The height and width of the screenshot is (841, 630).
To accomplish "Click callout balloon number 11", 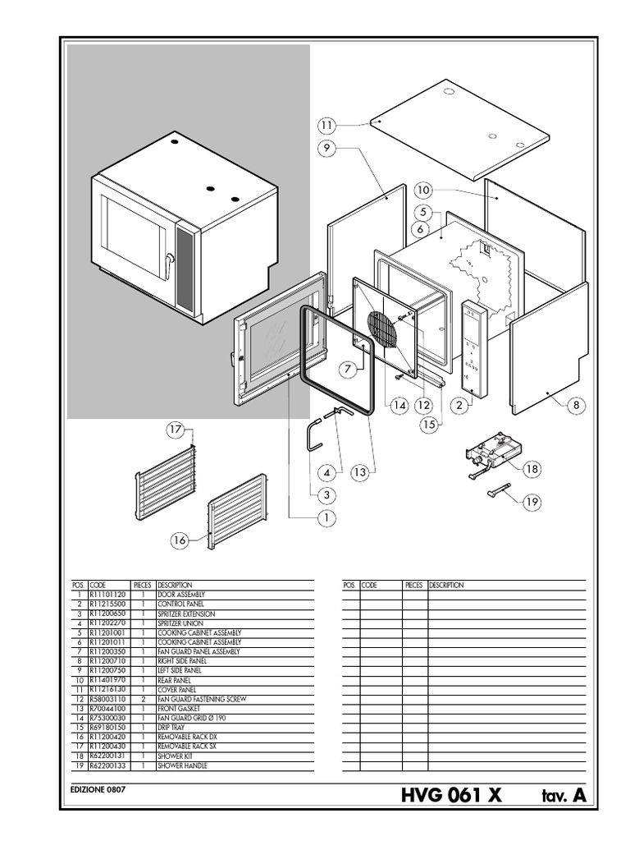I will click(327, 125).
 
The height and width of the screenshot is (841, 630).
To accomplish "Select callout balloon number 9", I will click(326, 148).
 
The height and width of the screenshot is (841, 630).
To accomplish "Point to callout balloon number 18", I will click(532, 469).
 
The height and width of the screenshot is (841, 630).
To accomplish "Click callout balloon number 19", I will click(532, 500).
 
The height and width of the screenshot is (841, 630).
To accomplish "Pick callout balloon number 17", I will click(175, 430).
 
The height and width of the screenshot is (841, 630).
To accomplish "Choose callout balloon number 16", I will click(180, 540).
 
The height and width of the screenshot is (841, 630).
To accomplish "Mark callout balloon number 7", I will click(349, 369).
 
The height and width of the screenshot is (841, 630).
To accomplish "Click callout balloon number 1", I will click(326, 517).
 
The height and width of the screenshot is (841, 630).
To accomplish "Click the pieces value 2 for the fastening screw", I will click(144, 699).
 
